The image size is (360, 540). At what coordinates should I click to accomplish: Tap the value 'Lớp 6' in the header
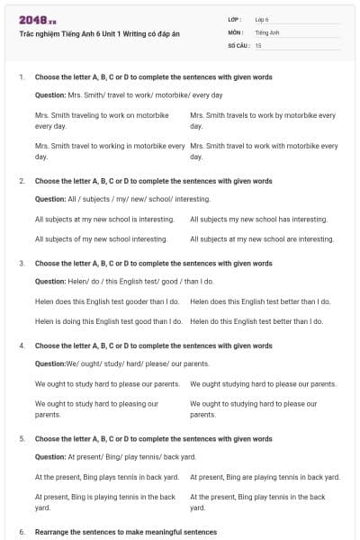262,19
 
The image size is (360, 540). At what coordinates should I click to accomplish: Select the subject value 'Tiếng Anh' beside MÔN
266,31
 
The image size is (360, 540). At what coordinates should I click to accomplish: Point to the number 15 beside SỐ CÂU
258,44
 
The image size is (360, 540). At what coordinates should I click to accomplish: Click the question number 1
21,77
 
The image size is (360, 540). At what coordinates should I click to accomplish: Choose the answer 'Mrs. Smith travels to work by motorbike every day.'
263,121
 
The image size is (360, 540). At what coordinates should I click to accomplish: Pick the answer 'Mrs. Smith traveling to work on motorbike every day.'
102,121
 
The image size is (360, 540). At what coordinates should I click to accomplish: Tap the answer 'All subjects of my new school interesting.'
101,239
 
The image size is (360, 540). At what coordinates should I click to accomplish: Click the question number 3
21,264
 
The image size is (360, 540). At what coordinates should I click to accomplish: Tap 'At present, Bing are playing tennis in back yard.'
265,477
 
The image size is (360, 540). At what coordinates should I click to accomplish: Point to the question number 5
21,439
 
